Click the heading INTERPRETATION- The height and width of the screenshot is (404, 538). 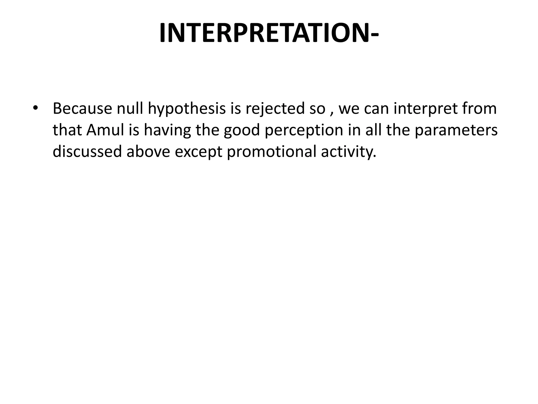[x=269, y=33]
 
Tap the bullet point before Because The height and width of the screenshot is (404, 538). [x=36, y=108]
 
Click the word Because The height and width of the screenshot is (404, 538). [x=82, y=108]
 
